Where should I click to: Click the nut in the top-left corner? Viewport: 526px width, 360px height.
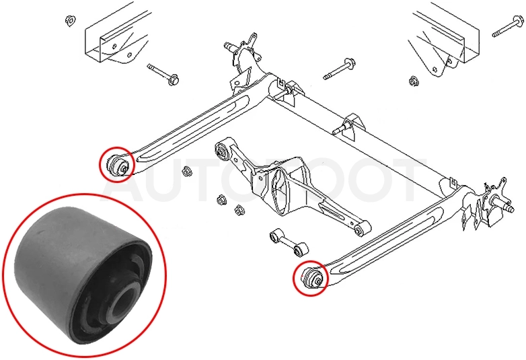click(x=70, y=21)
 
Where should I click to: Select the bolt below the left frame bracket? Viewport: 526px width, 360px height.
click(x=163, y=75)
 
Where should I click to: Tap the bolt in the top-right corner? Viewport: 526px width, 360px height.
click(x=508, y=26)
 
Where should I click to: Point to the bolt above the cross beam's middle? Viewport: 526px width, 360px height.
click(x=339, y=69)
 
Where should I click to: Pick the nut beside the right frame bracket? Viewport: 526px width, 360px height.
click(x=413, y=81)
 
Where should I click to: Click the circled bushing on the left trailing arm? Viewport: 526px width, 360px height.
click(x=118, y=164)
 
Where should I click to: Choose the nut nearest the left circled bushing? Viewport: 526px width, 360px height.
click(x=186, y=172)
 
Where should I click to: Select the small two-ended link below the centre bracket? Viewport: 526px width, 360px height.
click(x=289, y=242)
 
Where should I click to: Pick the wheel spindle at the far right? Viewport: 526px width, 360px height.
click(x=503, y=204)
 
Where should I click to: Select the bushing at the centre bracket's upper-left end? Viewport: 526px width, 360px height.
click(x=223, y=150)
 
